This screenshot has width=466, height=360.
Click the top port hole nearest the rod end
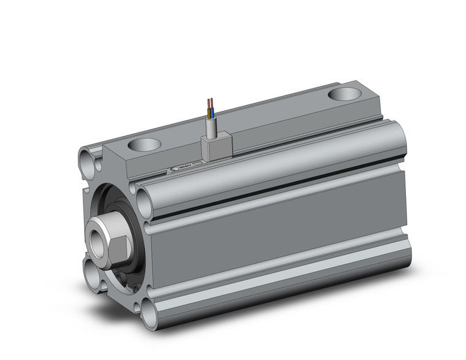(145, 145)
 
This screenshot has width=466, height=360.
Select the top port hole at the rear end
(346, 94)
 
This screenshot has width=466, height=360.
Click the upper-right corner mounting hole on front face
(145, 199)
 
